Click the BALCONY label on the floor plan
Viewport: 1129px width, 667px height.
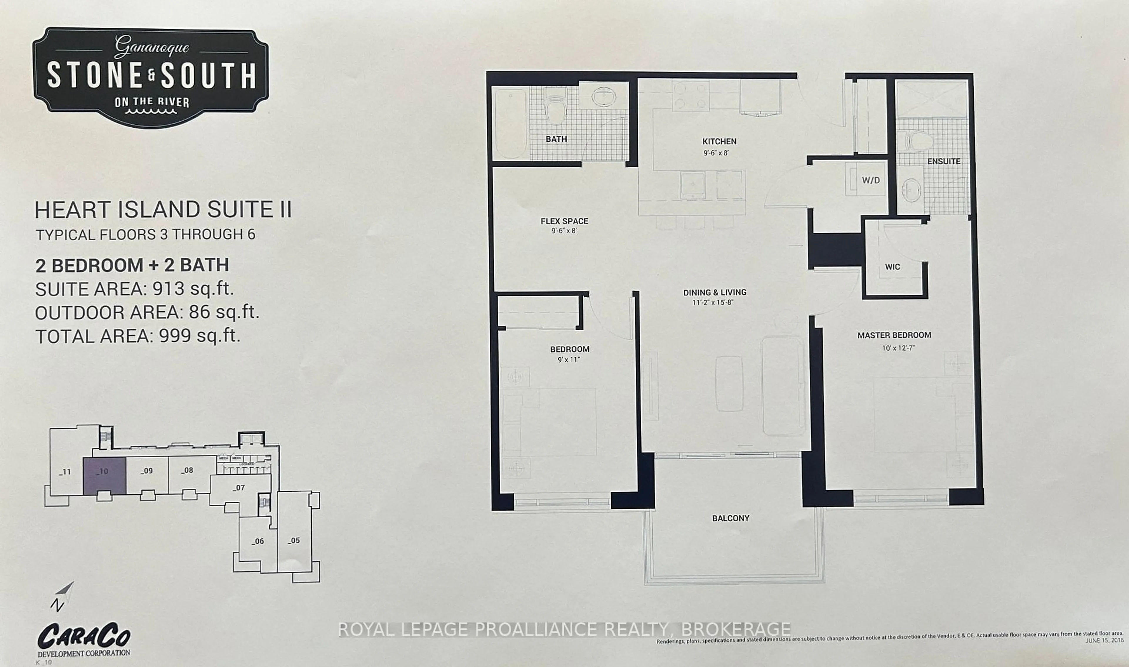click(x=731, y=518)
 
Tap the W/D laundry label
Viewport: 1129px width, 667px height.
click(x=870, y=180)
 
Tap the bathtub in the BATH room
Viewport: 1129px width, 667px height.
click(x=511, y=123)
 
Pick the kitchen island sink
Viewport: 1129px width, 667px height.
click(x=692, y=185)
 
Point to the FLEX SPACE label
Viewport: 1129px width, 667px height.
click(x=564, y=221)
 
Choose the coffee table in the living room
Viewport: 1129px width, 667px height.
click(x=729, y=383)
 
